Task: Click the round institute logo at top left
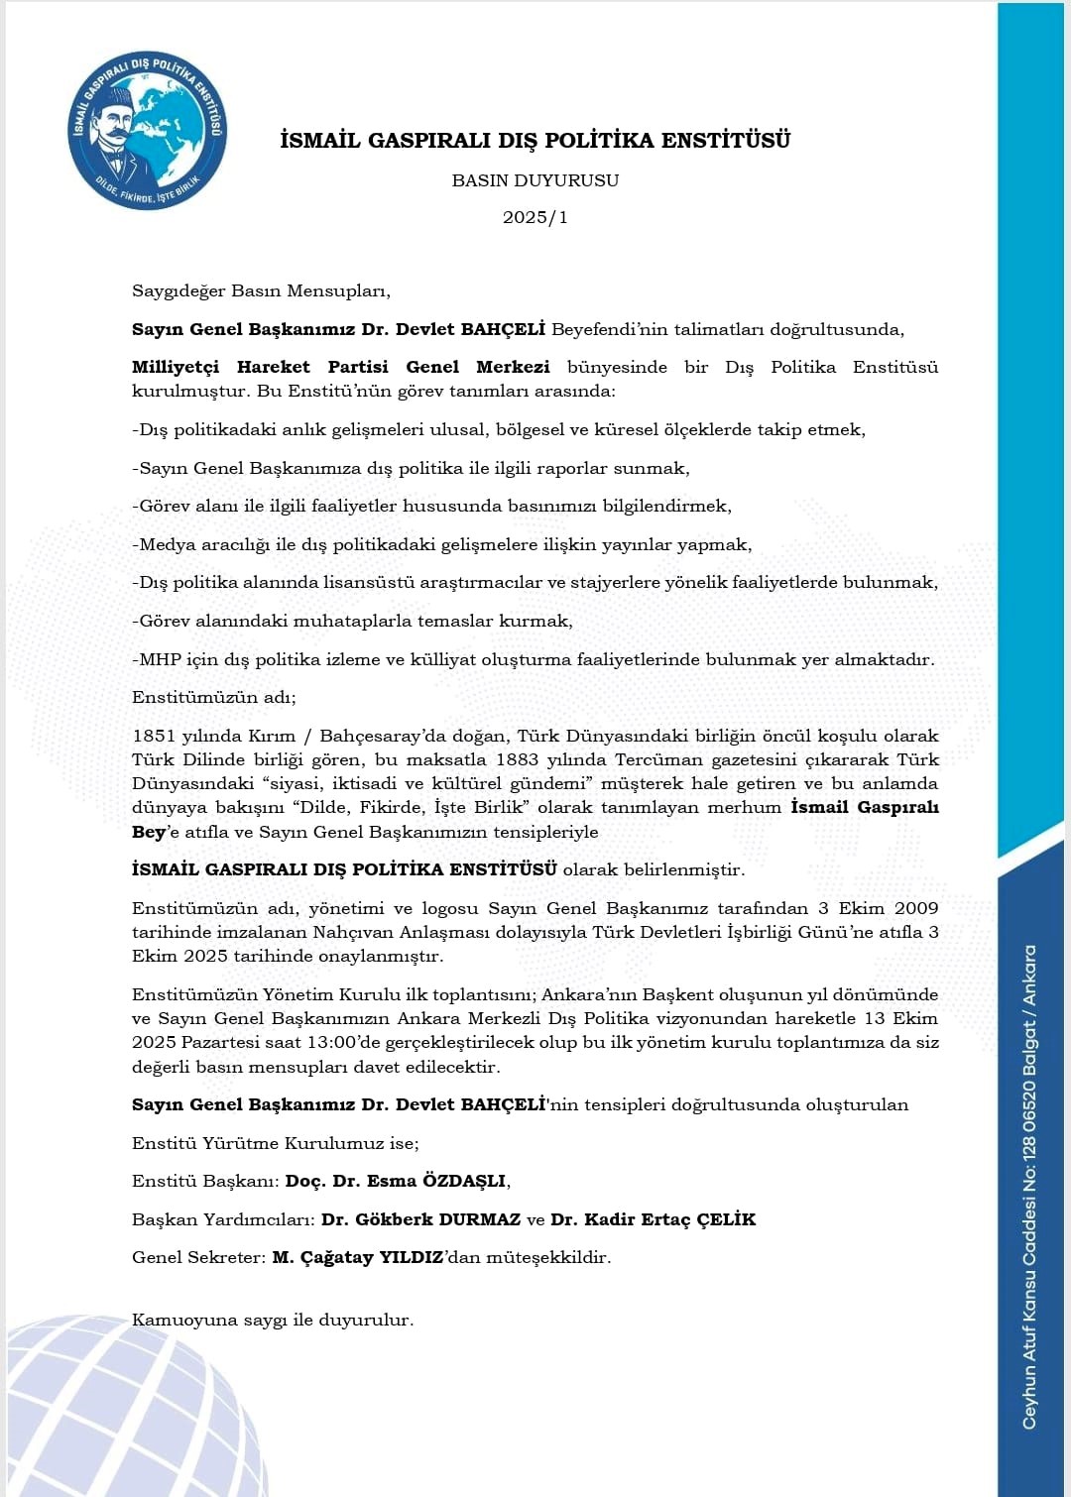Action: tap(148, 131)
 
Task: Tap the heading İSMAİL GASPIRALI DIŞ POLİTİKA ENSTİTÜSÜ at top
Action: tap(535, 141)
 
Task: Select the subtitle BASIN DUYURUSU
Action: tap(535, 180)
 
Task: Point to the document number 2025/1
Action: tap(535, 217)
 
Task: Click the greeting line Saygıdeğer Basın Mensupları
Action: tap(261, 291)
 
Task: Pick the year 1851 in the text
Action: tap(154, 736)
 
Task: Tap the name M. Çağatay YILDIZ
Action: tap(357, 1257)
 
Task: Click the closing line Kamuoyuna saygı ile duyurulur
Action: tap(273, 1321)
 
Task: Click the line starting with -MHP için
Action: tap(533, 659)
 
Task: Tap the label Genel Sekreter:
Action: tap(198, 1257)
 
